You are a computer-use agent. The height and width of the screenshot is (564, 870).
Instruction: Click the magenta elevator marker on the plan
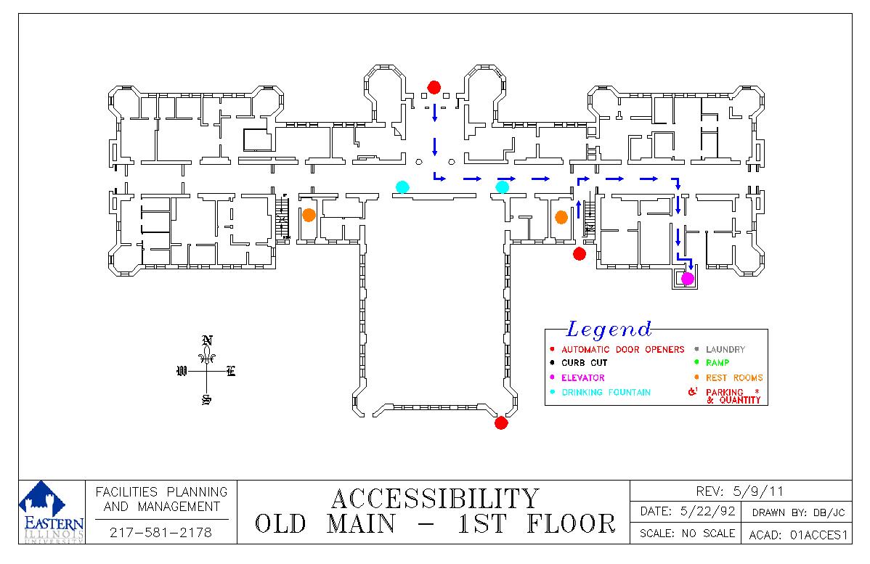[x=687, y=278]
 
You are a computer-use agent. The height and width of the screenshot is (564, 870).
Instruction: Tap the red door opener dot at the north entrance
[x=434, y=88]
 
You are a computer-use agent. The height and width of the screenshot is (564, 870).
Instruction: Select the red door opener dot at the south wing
[x=500, y=423]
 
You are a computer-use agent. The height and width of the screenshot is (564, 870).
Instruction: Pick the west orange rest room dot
[x=309, y=215]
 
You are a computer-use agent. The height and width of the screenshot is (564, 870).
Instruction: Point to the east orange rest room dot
[x=561, y=217]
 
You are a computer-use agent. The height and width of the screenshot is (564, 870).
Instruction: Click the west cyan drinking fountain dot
[x=402, y=187]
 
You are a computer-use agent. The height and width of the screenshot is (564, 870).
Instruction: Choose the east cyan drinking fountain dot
[x=502, y=187]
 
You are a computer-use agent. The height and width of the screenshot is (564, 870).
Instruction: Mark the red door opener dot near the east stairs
[x=580, y=253]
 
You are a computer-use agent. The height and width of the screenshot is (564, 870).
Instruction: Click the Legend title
[x=609, y=330]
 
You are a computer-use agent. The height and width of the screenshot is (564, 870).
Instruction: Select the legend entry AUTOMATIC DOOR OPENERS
[x=622, y=350]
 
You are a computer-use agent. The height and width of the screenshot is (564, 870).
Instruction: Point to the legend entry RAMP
[x=717, y=363]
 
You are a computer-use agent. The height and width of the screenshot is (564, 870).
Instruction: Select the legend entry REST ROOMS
[x=733, y=378]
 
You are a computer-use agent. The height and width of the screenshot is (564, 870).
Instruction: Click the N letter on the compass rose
[x=207, y=340]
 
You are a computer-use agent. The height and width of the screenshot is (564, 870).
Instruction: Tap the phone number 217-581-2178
[x=161, y=533]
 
